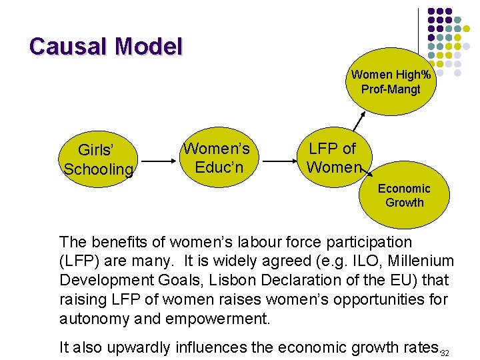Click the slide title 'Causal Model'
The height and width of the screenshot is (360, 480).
(x=105, y=47)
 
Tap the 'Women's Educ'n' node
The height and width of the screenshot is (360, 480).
(x=217, y=157)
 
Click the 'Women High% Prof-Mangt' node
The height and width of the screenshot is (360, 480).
(x=391, y=82)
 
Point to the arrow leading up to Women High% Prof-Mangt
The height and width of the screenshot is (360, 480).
(x=360, y=121)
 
